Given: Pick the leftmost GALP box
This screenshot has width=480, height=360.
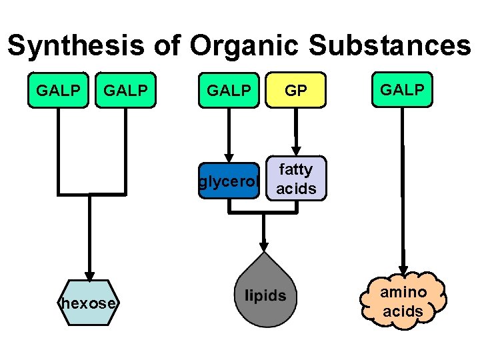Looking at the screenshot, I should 58,90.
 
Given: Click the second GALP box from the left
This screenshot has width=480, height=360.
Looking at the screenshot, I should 126,90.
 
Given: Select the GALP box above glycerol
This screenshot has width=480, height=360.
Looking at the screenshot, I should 229,90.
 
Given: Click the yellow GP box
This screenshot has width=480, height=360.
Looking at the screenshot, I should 295,90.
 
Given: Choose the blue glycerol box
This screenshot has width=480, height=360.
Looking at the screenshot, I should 229,181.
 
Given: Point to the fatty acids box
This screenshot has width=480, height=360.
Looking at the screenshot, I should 296,179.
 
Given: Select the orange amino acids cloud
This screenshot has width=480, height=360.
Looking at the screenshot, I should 403,301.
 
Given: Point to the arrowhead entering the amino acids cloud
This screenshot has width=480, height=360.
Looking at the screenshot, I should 403,265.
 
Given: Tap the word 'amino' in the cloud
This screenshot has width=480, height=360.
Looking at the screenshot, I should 403,292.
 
